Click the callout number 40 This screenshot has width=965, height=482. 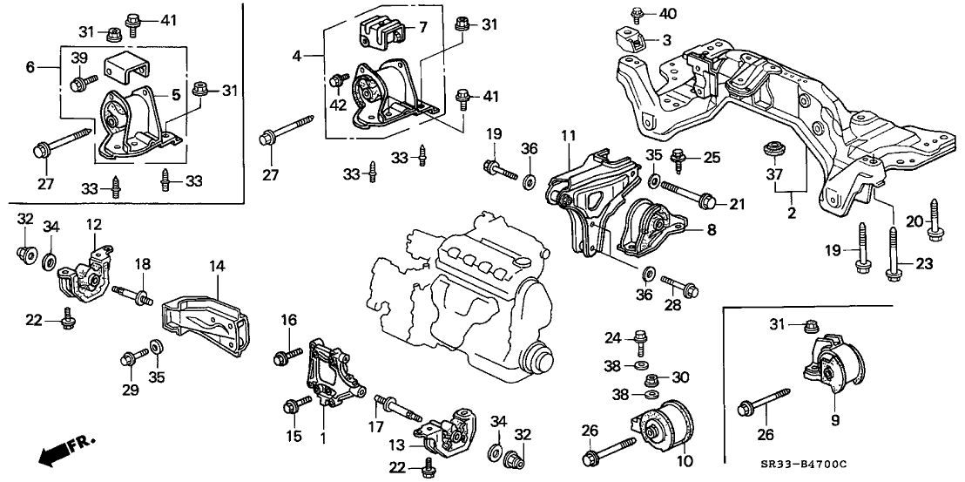pyautogui.click(x=668, y=13)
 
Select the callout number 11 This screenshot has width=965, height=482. pyautogui.click(x=568, y=138)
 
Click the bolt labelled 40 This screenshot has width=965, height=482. pyautogui.click(x=637, y=14)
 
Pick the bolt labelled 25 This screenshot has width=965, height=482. pyautogui.click(x=679, y=158)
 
